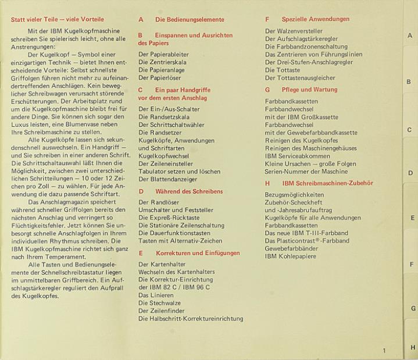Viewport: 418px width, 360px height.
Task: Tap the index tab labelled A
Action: coord(410,35)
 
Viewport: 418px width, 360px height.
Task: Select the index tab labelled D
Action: coord(410,173)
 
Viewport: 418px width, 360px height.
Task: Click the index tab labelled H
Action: coord(412,347)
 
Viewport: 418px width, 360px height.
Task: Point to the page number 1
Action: coord(384,350)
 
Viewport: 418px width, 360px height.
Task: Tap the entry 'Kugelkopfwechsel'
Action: coord(163,156)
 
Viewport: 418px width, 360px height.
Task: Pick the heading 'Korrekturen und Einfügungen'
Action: coord(198,254)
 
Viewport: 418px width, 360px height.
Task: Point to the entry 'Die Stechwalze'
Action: coord(158,302)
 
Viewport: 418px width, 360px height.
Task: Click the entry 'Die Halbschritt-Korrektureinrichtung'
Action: coord(191,318)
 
